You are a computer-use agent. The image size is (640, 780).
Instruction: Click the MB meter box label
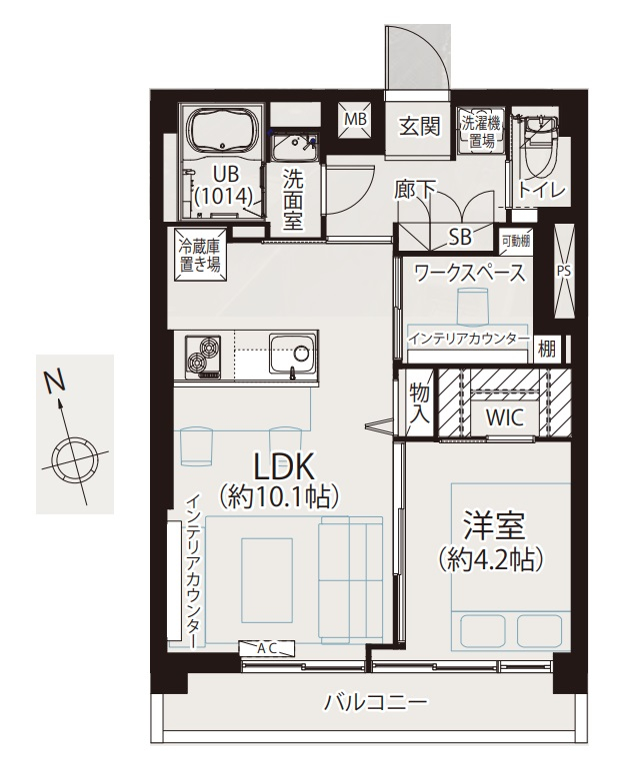(356, 119)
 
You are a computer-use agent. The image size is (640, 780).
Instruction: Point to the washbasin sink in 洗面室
(294, 147)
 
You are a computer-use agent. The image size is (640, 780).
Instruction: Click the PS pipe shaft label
(564, 272)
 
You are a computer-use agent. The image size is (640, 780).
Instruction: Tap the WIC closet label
(505, 417)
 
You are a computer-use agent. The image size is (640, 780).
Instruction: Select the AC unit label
(267, 648)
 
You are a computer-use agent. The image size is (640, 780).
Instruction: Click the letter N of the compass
(55, 382)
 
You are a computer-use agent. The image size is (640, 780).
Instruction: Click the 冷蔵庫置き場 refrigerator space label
(199, 256)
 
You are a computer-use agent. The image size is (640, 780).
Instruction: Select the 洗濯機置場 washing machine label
(481, 132)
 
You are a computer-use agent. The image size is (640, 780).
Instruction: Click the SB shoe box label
(460, 238)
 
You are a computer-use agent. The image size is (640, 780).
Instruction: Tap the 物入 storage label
(419, 404)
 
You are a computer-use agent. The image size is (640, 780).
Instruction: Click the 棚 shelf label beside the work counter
(546, 350)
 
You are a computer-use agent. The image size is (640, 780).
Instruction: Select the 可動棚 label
(515, 242)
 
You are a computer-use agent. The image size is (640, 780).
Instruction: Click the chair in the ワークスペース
(472, 304)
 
